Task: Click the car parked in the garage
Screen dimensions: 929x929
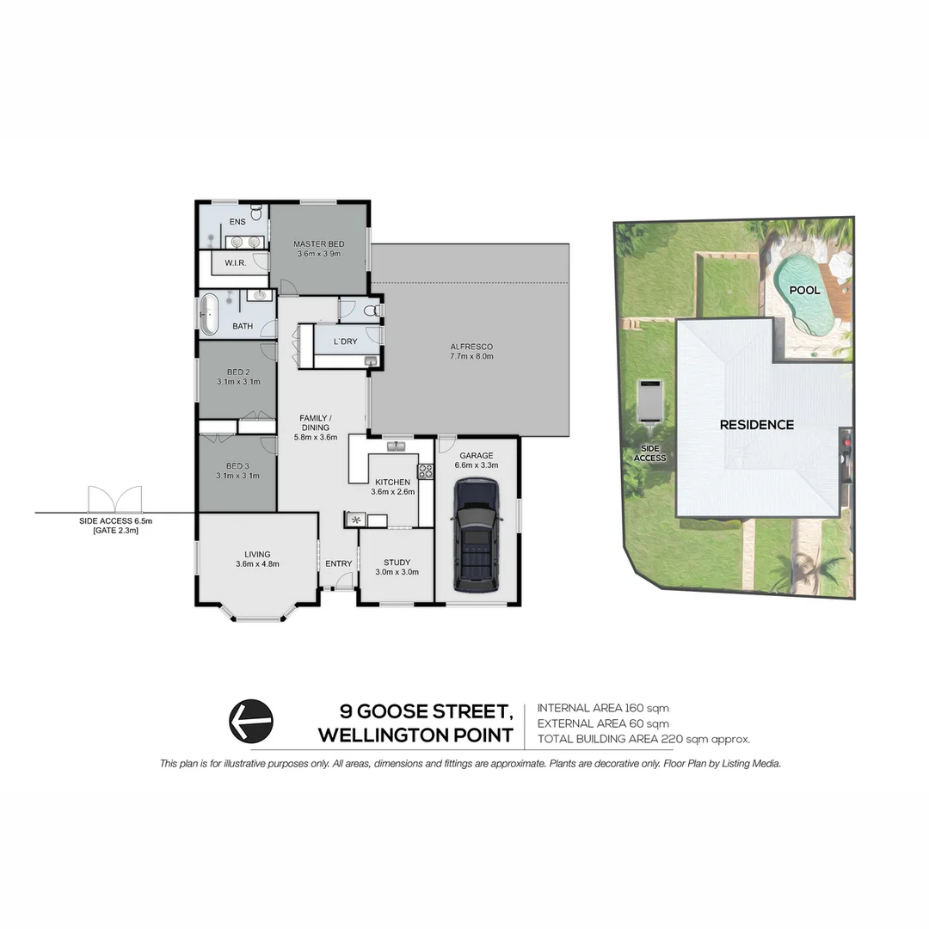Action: (476, 534)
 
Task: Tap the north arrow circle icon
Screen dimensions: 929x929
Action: (250, 720)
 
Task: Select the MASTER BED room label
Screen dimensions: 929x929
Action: (318, 243)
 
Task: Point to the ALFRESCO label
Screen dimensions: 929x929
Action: (471, 347)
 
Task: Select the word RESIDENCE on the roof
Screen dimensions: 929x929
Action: (756, 424)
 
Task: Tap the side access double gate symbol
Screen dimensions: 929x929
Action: (114, 499)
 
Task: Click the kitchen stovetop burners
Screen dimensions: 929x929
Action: (425, 471)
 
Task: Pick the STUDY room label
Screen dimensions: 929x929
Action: (397, 562)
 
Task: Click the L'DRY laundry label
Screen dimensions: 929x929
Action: (345, 341)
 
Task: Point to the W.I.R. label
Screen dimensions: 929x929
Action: (236, 262)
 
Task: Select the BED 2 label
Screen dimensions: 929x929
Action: (237, 371)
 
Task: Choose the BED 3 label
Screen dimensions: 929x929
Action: (237, 464)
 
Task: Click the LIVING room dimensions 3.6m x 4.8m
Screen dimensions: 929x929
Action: (257, 563)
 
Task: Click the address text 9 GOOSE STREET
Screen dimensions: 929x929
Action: (427, 711)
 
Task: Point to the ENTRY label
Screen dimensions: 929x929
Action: (338, 563)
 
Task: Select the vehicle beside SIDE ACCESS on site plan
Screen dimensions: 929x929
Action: (649, 402)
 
